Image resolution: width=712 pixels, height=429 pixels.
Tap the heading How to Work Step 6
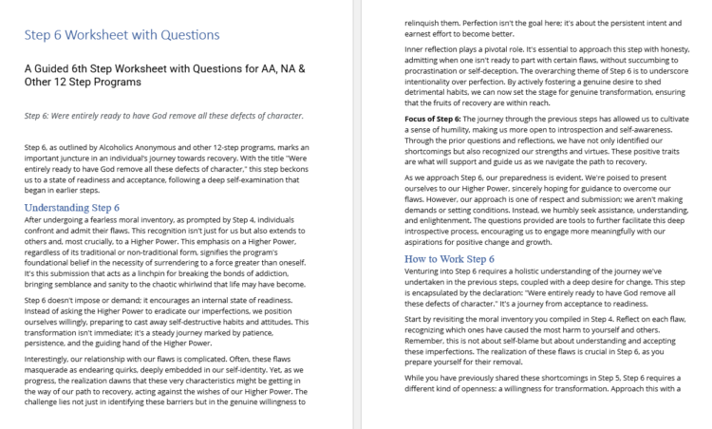tap(449, 258)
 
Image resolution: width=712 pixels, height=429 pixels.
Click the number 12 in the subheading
tap(64, 82)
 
